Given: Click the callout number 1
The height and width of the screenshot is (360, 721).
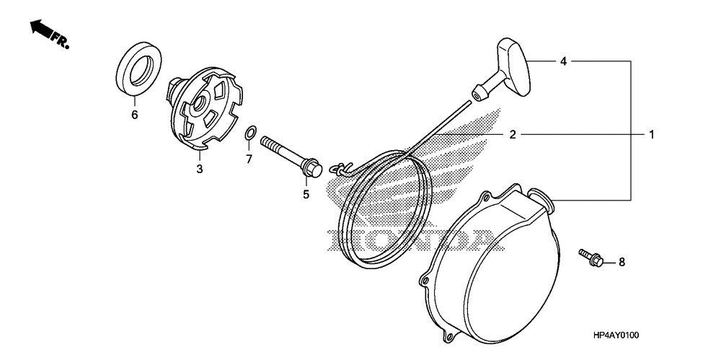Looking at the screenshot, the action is tap(651, 134).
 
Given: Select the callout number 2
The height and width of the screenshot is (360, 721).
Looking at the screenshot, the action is tap(513, 134).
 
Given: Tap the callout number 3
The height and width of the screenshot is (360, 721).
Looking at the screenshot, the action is tap(200, 169).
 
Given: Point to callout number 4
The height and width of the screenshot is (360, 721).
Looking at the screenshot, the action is tap(564, 62).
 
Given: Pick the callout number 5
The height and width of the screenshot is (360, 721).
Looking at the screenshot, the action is tap(306, 194).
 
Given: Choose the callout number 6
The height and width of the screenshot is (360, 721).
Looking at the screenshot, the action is tap(134, 114).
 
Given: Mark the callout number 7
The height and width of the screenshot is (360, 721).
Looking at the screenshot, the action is tap(249, 159).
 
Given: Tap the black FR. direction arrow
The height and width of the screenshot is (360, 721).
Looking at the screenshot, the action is tap(43, 30).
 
